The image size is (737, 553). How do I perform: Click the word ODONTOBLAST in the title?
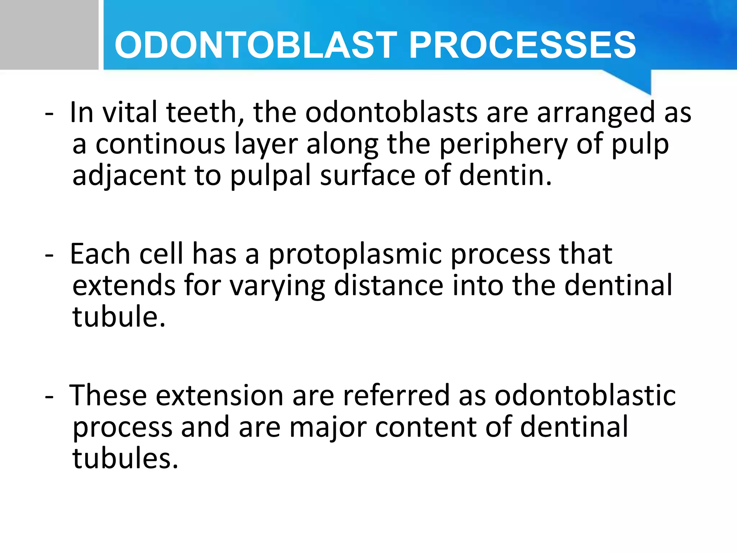256,45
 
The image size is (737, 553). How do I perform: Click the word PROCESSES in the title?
523,45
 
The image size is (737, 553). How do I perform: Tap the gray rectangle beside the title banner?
49,35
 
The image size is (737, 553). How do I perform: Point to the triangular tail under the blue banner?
637,81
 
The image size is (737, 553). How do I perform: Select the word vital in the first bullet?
130,112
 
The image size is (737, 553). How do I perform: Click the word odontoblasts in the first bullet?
391,112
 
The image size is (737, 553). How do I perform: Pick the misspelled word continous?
160,144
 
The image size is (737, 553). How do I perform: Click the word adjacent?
129,176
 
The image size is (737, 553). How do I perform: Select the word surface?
367,176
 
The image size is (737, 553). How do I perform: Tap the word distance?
389,286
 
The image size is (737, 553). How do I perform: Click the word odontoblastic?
585,395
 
